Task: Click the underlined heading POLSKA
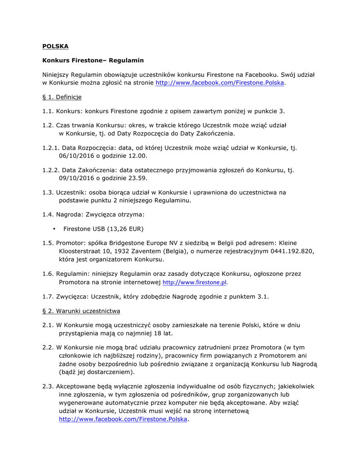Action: click(56, 46)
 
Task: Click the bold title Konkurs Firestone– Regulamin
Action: click(93, 60)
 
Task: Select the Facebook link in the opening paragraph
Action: click(220, 83)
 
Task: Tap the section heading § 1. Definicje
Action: click(62, 97)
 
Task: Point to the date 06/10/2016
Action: click(76, 156)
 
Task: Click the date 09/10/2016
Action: click(76, 178)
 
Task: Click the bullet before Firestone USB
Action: click(54, 228)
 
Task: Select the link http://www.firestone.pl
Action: click(194, 283)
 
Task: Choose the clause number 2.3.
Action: click(48, 386)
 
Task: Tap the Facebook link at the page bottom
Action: click(123, 419)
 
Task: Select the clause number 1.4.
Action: click(48, 214)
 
